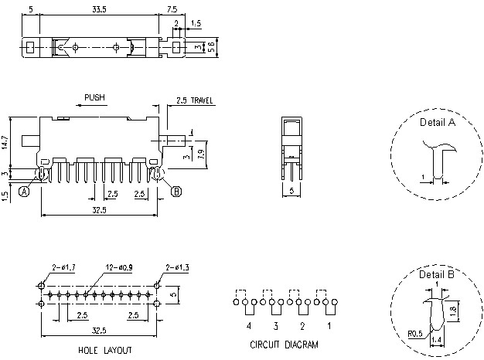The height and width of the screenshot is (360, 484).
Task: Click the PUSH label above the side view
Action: [x=95, y=98]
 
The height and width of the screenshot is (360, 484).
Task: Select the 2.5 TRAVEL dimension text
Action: [x=195, y=100]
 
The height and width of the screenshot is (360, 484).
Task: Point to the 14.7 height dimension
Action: [x=5, y=142]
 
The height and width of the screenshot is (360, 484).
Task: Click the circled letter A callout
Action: [x=25, y=191]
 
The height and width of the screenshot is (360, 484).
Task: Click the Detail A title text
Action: [x=437, y=122]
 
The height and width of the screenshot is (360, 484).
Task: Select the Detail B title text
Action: [x=437, y=274]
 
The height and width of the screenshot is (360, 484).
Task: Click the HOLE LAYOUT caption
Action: [x=104, y=350]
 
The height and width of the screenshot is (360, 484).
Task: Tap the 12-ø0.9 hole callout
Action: [x=117, y=267]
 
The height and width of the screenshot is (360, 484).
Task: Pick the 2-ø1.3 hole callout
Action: [x=177, y=267]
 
